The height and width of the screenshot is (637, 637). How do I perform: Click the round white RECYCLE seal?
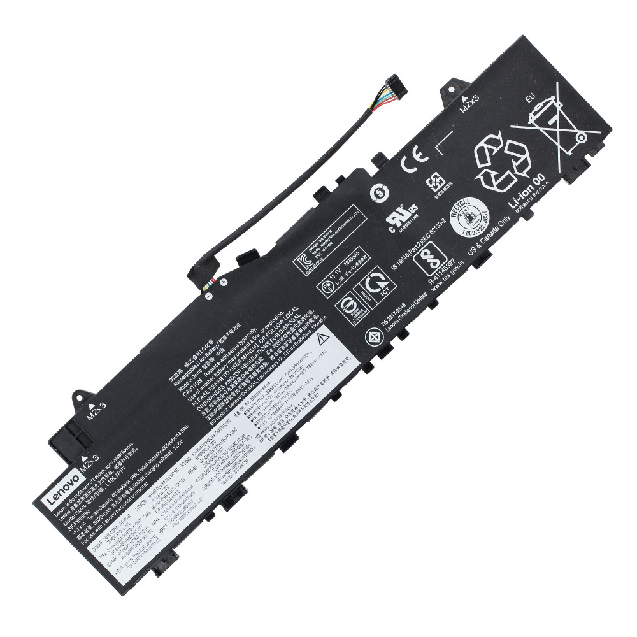point(469,217)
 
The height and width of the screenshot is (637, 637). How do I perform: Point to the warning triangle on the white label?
point(322,337)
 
